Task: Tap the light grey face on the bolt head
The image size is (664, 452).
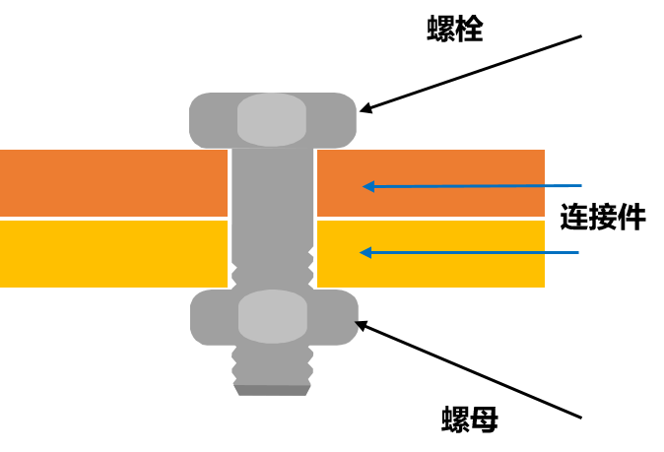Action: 272,119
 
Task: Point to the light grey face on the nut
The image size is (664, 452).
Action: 273,316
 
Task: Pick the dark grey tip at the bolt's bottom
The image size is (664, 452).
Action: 272,390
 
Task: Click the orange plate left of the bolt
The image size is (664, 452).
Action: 113,182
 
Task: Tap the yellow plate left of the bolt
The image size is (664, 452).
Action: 113,253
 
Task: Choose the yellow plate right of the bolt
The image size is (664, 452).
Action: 443,271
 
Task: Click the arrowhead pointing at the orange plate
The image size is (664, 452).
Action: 368,186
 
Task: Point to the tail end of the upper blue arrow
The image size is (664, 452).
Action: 580,185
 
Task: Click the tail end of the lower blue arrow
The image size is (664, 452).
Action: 577,253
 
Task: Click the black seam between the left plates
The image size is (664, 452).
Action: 113,218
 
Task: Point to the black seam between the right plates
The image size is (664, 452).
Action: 431,218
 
